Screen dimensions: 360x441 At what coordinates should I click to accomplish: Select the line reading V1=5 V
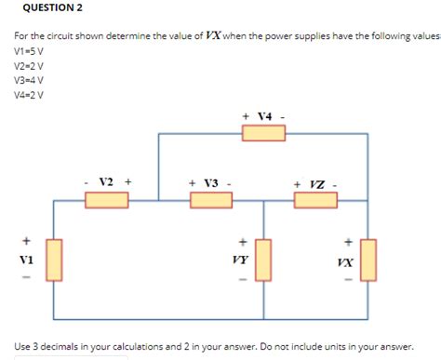pyautogui.click(x=29, y=53)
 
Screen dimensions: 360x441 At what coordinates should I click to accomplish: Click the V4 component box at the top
pyautogui.click(x=263, y=133)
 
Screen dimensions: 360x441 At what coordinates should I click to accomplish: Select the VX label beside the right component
pyautogui.click(x=345, y=261)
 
